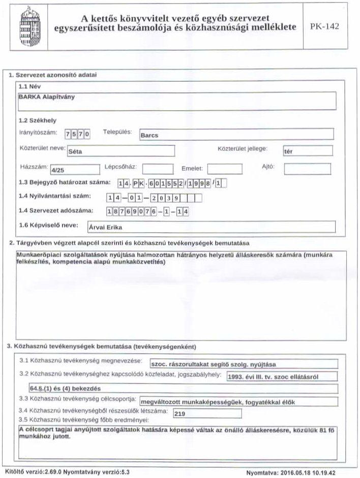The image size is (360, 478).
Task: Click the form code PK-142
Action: click(324, 26)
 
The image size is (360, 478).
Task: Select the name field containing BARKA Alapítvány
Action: click(176, 100)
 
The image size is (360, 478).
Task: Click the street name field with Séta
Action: click(121, 151)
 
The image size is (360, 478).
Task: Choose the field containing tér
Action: click(307, 151)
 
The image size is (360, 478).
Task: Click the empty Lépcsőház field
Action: click(158, 169)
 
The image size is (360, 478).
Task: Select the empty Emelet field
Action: click(225, 169)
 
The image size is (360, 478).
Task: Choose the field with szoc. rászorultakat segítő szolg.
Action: click(244, 364)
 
